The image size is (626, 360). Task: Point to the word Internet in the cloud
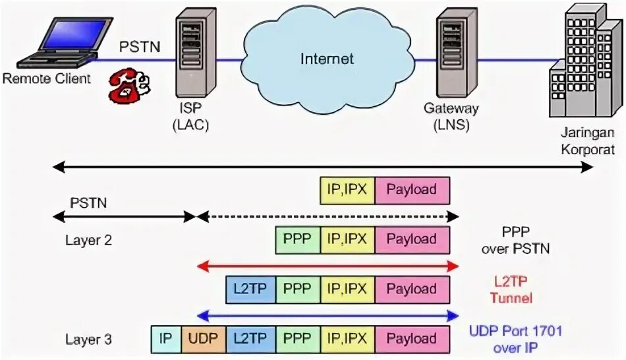click(x=327, y=59)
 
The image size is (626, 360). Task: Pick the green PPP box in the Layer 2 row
click(x=298, y=239)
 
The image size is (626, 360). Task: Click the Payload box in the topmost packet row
click(x=412, y=190)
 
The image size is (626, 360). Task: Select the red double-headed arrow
click(x=327, y=265)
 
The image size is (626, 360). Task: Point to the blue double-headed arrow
click(x=327, y=315)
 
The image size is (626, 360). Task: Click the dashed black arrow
click(x=327, y=216)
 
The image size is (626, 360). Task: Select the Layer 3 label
click(x=88, y=340)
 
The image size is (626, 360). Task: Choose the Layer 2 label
click(x=88, y=240)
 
